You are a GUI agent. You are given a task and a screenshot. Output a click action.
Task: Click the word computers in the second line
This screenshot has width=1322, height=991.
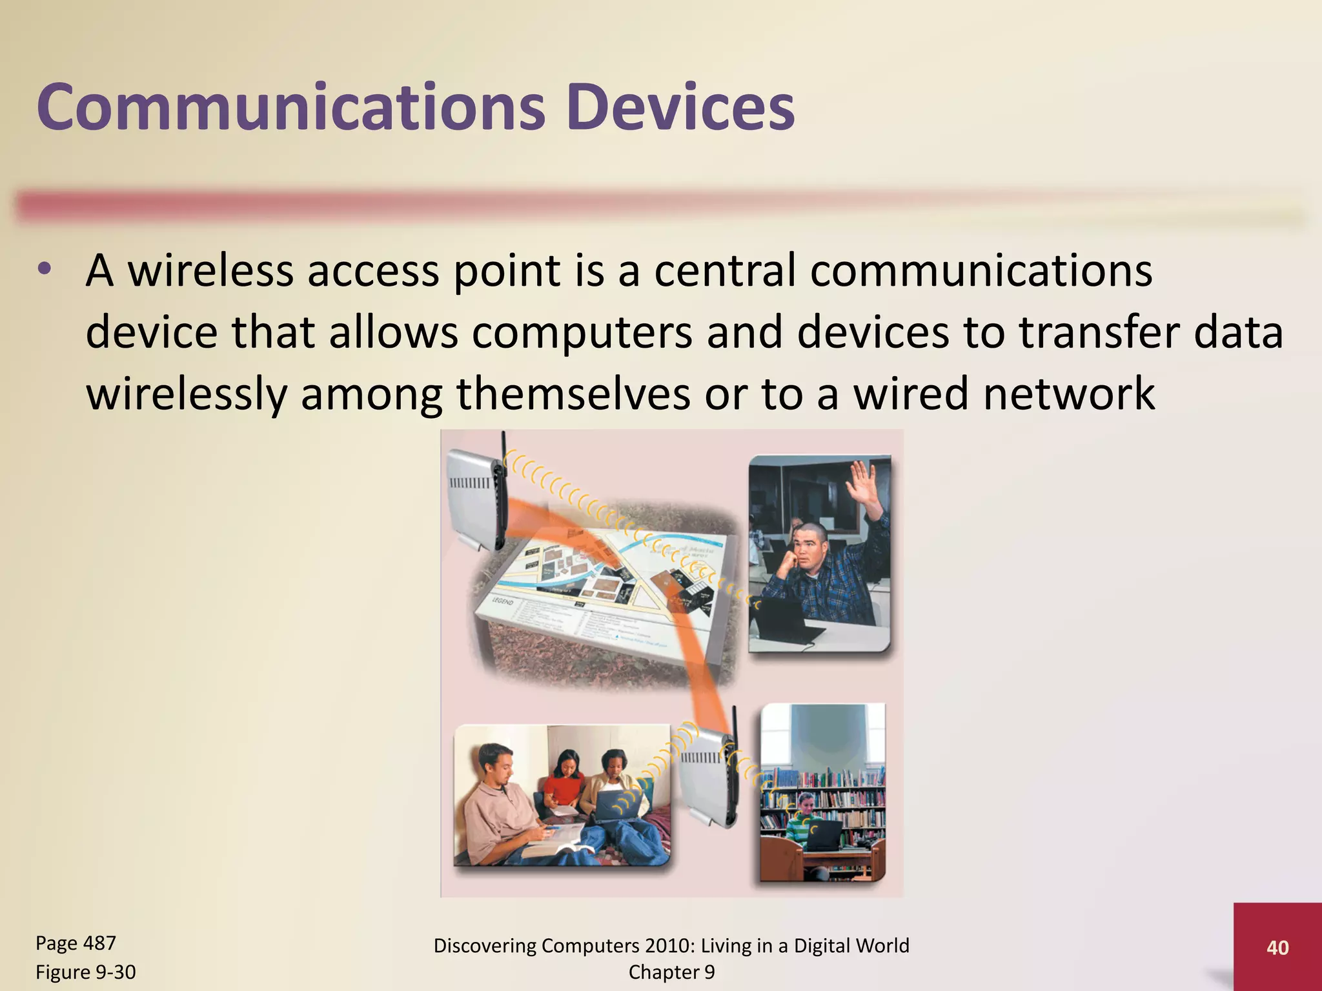(582, 333)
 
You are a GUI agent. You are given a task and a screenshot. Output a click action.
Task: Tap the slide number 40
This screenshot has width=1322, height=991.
(1277, 948)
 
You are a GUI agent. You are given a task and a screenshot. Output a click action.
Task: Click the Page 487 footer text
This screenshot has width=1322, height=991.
(76, 943)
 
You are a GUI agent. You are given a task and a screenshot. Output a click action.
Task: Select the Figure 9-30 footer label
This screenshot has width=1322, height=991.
(85, 972)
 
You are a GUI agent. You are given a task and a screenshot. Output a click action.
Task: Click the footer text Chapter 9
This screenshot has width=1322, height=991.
(671, 972)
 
